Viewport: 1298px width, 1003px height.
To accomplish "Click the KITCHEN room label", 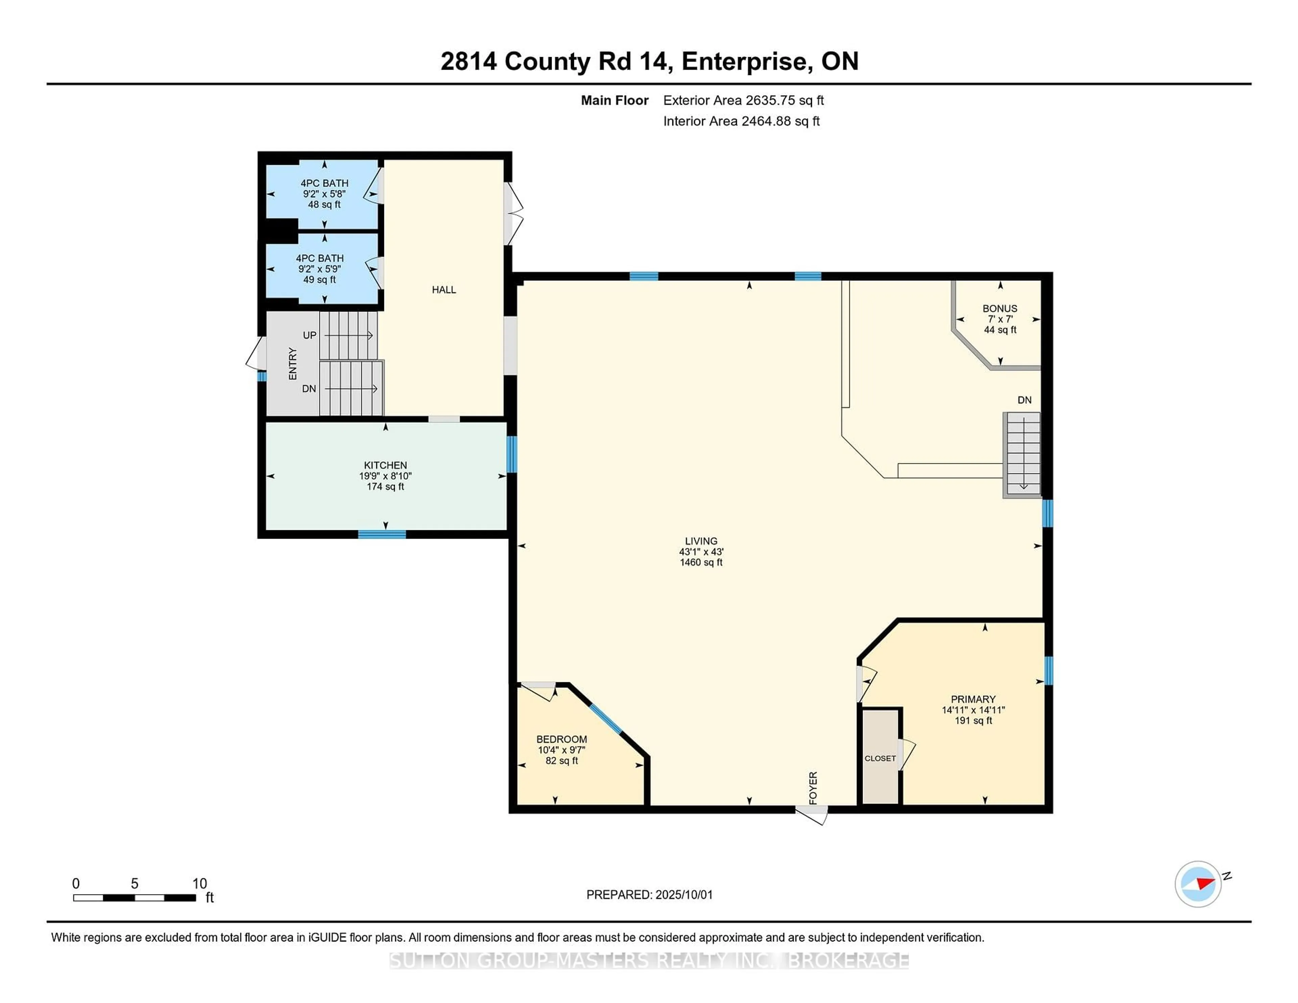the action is point(385,465).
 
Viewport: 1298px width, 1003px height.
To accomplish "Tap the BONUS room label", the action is point(1000,309).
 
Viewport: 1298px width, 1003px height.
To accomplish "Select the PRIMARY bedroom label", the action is point(973,700).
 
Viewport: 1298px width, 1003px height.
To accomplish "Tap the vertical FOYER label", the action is point(813,788).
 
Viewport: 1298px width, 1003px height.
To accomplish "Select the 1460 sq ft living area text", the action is point(701,562).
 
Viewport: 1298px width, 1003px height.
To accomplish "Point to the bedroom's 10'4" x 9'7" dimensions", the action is point(562,750).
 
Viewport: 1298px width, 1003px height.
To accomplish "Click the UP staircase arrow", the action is point(348,336).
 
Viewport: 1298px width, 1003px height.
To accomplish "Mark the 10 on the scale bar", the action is point(200,884).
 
